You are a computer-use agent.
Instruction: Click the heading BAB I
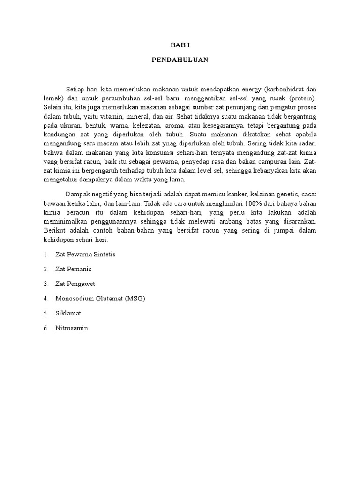[x=180, y=45]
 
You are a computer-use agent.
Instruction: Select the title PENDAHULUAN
[x=180, y=60]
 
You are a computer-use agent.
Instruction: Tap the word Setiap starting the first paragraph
[x=75, y=89]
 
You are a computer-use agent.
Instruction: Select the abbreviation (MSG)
[x=135, y=299]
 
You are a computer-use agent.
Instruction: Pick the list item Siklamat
[x=68, y=313]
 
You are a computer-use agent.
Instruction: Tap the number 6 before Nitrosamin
[x=45, y=328]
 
